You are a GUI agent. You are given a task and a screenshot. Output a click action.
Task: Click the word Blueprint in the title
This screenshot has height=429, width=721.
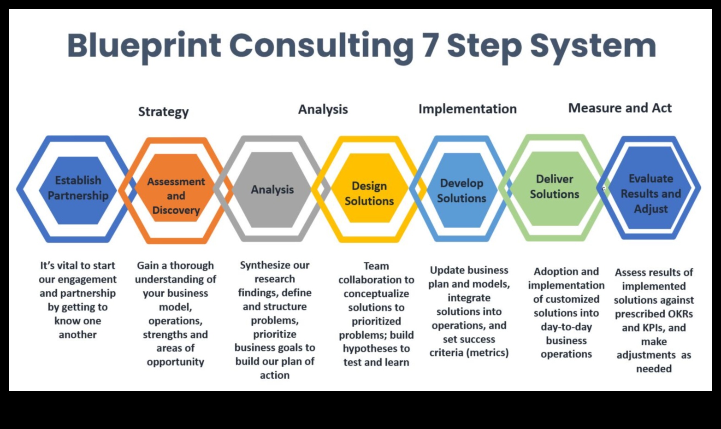coord(144,47)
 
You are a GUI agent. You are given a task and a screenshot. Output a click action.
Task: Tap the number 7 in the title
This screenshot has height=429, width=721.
coord(431,46)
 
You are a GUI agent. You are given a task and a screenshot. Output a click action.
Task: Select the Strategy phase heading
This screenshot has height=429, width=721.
coord(164,112)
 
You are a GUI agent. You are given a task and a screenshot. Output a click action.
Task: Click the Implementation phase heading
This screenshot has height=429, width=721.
coord(467,109)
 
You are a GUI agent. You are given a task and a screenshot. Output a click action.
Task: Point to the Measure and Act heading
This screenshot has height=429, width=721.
coord(620,108)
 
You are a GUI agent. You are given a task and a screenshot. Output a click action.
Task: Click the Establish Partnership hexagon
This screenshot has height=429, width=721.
coord(78,190)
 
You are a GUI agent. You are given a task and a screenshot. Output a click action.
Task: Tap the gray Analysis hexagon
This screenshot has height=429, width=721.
coord(272,189)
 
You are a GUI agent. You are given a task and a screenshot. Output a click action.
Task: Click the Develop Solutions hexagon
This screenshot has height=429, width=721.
coord(461,190)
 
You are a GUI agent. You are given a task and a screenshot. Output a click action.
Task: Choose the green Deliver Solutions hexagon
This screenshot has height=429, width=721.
coord(554,188)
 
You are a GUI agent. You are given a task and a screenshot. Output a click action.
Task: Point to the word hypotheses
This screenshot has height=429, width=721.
coord(366,349)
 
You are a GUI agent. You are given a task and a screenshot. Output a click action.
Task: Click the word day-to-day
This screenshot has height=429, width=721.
coord(566,327)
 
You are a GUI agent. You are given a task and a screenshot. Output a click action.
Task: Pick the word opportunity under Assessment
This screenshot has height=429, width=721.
coord(176,362)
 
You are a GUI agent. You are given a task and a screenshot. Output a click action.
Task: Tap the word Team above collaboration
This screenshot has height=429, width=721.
coord(376,266)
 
